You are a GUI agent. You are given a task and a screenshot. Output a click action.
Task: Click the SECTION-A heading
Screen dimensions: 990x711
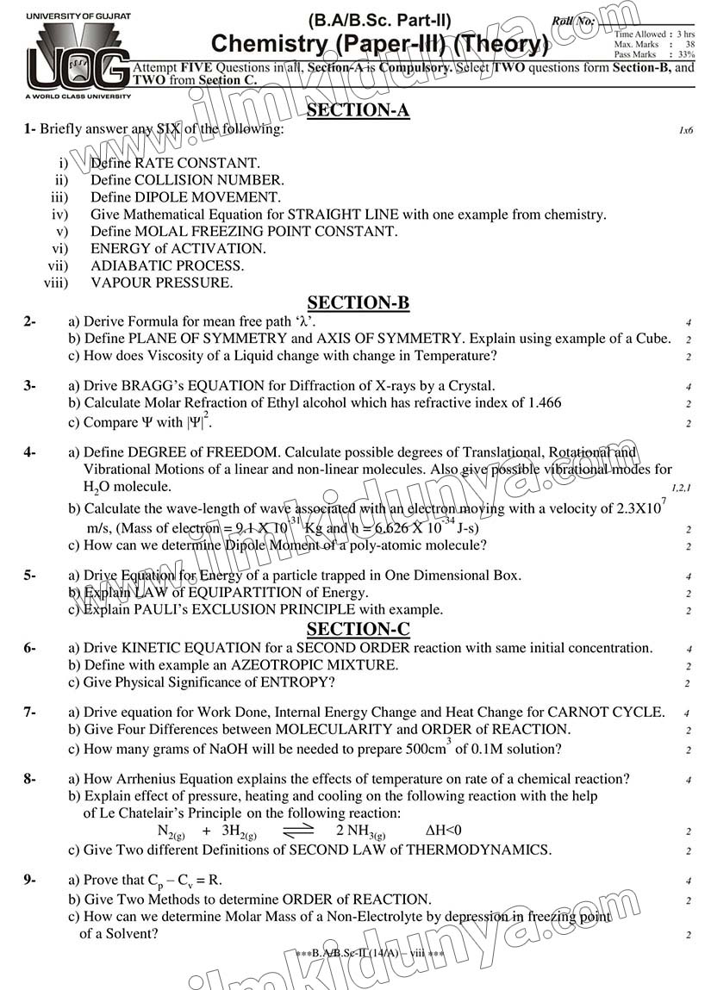point(358,109)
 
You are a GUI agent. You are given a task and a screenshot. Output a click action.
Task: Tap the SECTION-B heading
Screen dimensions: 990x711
point(358,302)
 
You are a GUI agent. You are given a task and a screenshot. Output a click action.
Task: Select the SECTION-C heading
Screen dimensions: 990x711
point(358,629)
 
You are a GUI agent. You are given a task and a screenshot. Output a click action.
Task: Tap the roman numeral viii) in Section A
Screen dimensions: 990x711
point(56,283)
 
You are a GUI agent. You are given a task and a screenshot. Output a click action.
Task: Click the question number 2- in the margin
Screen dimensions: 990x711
point(30,321)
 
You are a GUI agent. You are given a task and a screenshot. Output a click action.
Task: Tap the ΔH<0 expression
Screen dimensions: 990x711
point(444,831)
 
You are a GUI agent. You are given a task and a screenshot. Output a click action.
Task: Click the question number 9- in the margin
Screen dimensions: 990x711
point(30,880)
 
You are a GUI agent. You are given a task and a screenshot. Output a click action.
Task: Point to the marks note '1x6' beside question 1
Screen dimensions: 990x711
point(685,131)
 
